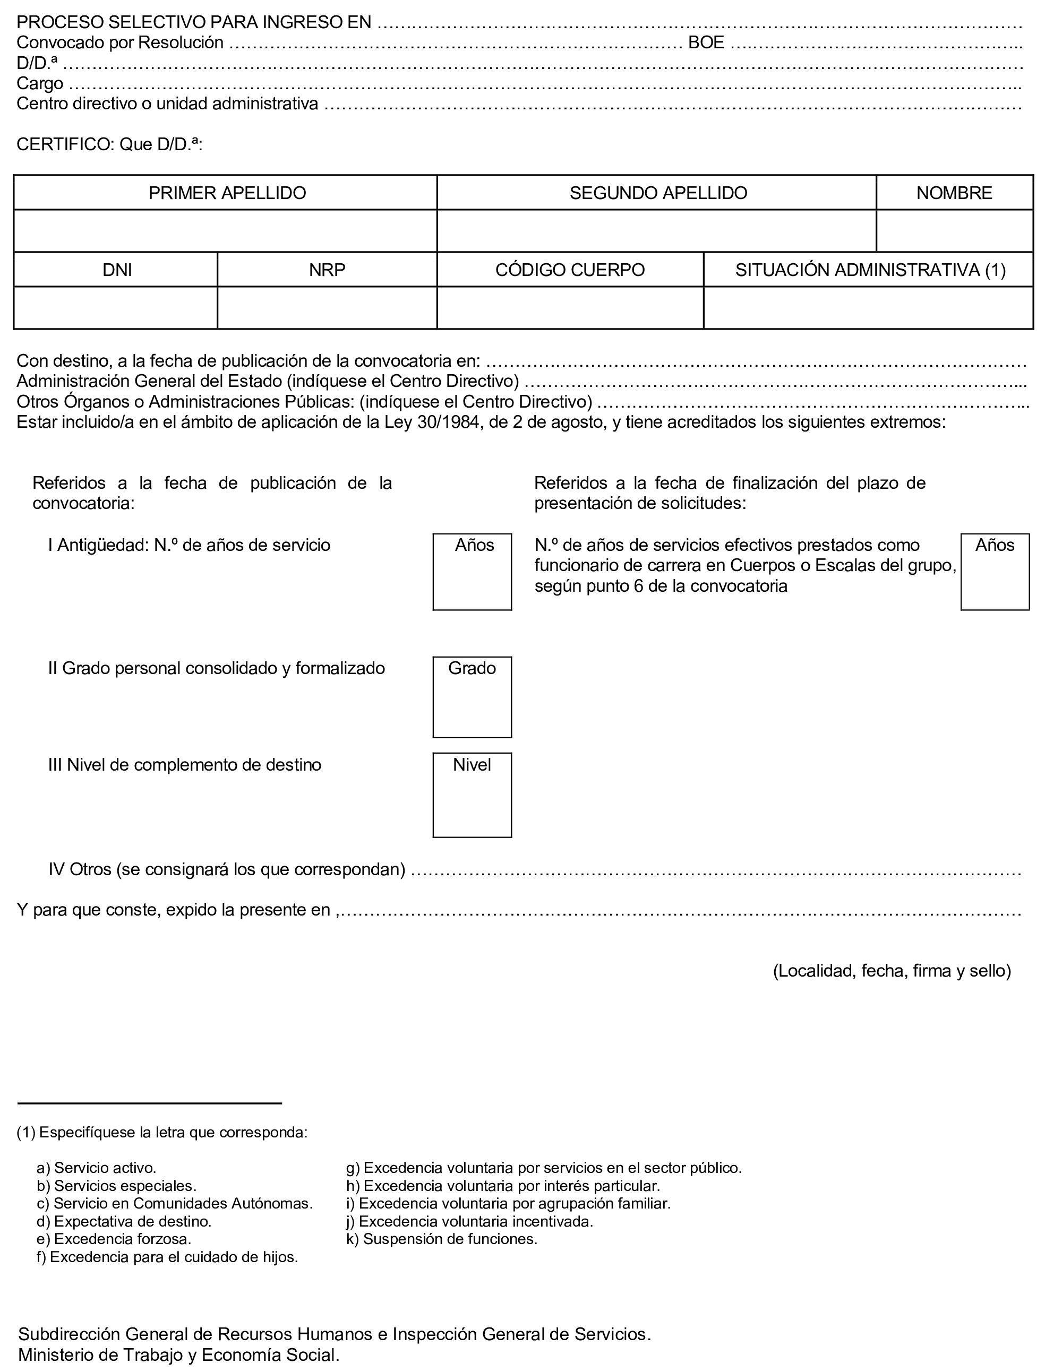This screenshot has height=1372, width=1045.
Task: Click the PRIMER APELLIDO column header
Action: click(227, 193)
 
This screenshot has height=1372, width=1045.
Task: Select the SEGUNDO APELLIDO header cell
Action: click(658, 193)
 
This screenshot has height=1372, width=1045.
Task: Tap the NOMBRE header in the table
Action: click(954, 193)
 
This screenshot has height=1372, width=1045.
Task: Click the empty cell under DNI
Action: click(116, 307)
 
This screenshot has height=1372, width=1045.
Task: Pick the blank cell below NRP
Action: click(327, 307)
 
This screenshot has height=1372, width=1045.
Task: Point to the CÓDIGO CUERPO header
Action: click(570, 270)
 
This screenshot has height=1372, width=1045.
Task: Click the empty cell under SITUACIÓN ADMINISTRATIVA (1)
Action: click(868, 307)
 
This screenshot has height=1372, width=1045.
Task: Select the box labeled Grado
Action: click(472, 697)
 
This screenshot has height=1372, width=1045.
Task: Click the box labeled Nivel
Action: click(472, 795)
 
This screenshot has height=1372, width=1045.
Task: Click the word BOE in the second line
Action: click(706, 42)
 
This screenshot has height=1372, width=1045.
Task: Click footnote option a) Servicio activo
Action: click(97, 1168)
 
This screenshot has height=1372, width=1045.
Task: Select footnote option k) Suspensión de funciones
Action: click(442, 1239)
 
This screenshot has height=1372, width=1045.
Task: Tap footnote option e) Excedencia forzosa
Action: click(114, 1239)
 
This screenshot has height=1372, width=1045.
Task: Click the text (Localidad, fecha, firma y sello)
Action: click(892, 971)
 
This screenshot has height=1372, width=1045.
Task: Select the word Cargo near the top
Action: click(40, 83)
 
